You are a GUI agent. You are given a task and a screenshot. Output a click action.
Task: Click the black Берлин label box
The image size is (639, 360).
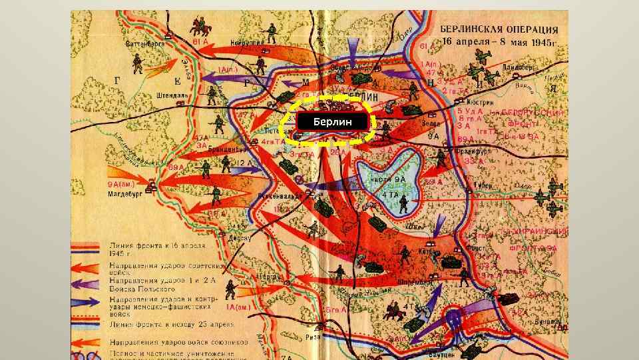point(331,123)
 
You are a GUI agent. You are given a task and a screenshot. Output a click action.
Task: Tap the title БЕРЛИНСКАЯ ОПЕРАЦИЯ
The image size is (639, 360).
point(499,30)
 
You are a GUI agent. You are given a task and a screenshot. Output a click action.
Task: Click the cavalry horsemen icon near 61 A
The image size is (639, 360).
point(198,26)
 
